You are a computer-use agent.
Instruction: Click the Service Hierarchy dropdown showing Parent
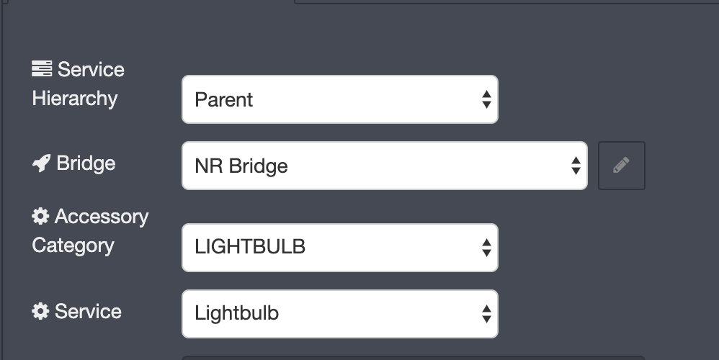(x=340, y=99)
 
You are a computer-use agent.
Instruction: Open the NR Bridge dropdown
(x=385, y=166)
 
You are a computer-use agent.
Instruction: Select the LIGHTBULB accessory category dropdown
(x=340, y=248)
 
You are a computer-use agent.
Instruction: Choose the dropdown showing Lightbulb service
(x=340, y=314)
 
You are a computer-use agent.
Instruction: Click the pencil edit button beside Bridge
(x=621, y=166)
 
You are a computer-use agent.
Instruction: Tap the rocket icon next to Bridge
(x=41, y=163)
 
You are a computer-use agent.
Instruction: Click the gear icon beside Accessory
(x=40, y=216)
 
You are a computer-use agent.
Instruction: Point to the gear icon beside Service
(x=40, y=312)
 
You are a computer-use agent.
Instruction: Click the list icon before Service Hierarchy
(x=42, y=68)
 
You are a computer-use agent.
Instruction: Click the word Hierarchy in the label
(x=75, y=99)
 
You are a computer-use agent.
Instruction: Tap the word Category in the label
(x=73, y=246)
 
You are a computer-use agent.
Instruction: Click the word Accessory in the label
(x=102, y=217)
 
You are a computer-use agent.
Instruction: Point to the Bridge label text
(x=86, y=163)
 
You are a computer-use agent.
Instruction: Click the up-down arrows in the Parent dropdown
(x=486, y=99)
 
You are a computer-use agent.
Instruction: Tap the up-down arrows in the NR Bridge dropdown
(x=576, y=166)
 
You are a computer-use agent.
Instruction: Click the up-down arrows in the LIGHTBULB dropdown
(x=486, y=248)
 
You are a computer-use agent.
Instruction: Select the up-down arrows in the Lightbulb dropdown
(x=486, y=314)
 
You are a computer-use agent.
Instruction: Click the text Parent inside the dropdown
(x=224, y=100)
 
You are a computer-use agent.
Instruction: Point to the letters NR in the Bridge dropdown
(x=209, y=166)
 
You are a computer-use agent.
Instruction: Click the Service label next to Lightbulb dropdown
(x=88, y=312)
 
